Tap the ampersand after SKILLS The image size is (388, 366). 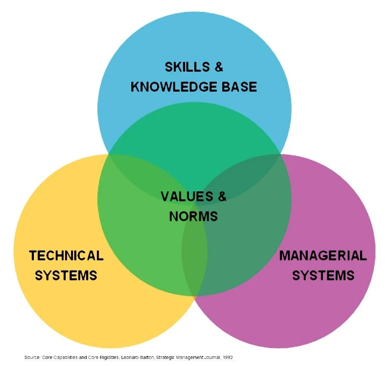218,67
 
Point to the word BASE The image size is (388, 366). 239,87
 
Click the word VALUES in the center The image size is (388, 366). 187,197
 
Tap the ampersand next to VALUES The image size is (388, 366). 222,197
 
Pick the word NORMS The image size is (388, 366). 194,216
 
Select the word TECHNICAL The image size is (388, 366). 66,255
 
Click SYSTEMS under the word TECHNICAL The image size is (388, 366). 66,275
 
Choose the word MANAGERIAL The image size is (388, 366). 323,255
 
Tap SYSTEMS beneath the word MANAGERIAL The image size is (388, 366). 323,275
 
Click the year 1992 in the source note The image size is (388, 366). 228,357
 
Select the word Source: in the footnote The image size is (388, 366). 32,357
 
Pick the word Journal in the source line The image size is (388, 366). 212,357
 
